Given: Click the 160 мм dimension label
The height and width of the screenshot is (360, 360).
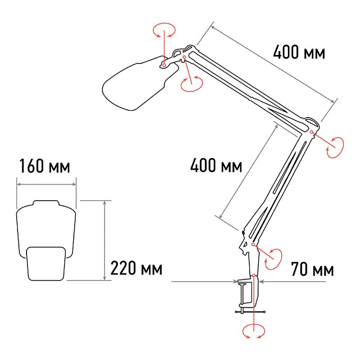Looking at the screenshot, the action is click(45, 166).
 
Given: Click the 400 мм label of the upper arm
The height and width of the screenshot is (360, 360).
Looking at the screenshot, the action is click(299, 52).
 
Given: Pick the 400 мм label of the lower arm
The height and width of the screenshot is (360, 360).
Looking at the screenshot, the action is click(216, 165).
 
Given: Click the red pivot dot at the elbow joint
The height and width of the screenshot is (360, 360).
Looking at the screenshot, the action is click(311, 132).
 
